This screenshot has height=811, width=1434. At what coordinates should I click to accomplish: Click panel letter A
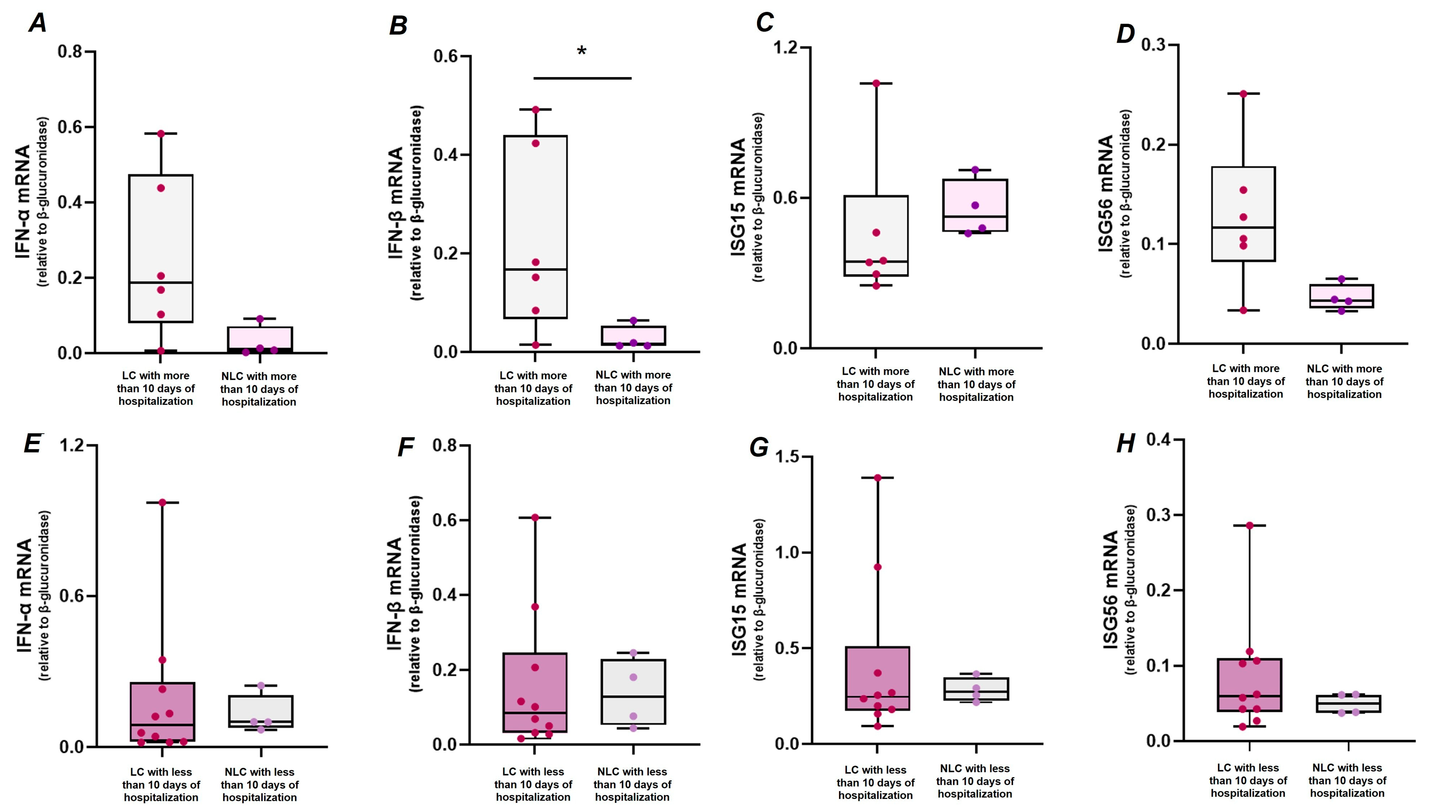[38, 23]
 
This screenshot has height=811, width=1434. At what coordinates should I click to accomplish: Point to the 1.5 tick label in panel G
[784, 457]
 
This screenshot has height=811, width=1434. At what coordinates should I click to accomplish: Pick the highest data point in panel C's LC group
[876, 84]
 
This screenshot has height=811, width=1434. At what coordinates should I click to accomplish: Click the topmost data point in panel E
[162, 502]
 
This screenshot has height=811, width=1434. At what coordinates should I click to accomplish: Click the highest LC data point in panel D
[1243, 93]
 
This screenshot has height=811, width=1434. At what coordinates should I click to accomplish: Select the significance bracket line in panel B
[582, 78]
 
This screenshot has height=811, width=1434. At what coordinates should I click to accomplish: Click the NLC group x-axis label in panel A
[259, 389]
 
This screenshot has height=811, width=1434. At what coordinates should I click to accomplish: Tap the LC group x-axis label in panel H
[1248, 780]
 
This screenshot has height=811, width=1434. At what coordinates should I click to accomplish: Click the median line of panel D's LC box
[1243, 227]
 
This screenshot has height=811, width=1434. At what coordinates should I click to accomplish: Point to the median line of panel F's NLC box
[633, 696]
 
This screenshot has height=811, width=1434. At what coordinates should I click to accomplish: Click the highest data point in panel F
[535, 517]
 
